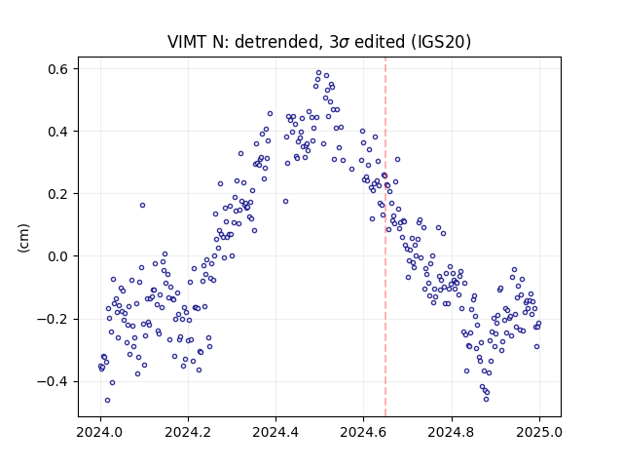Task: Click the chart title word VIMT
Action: pyautogui.click(x=186, y=42)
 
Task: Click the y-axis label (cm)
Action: pyautogui.click(x=23, y=238)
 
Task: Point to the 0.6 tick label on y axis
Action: pyautogui.click(x=58, y=69)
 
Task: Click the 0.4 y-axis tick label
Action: pyautogui.click(x=58, y=132)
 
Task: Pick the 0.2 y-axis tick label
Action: pyautogui.click(x=58, y=194)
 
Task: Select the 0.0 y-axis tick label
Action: pyautogui.click(x=58, y=256)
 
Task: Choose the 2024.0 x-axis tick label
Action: pyautogui.click(x=100, y=432)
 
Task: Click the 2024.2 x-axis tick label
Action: pyautogui.click(x=188, y=432)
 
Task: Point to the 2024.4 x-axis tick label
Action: pyautogui.click(x=275, y=432)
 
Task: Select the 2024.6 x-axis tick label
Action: pyautogui.click(x=363, y=432)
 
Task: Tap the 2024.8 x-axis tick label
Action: pyautogui.click(x=452, y=432)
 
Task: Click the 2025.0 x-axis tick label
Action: pyautogui.click(x=539, y=432)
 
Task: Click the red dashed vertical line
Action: pyautogui.click(x=385, y=237)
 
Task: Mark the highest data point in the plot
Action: pyautogui.click(x=318, y=73)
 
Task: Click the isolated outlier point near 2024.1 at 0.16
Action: pyautogui.click(x=142, y=206)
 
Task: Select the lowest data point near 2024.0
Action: pyautogui.click(x=107, y=401)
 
